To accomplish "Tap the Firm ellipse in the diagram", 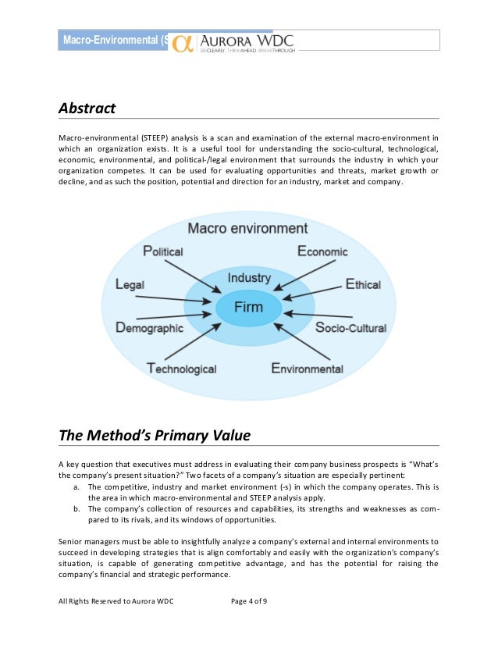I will (249, 306).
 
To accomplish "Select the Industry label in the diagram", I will (249, 278).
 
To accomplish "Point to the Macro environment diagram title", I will (248, 228).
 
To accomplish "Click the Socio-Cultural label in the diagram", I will (350, 328).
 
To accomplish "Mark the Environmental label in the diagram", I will (307, 367).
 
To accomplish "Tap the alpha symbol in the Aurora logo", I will (183, 41).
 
